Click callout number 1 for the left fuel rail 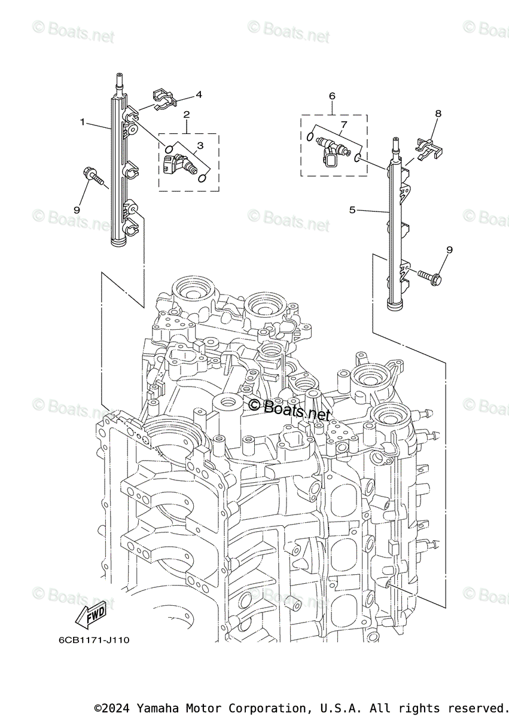pos(83,122)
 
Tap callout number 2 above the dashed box pos(187,114)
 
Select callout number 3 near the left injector pos(200,145)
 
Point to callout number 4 pos(199,94)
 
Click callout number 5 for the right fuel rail pos(352,210)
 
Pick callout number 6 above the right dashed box pos(332,96)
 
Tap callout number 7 pos(343,125)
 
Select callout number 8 pos(438,113)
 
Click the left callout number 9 pos(77,210)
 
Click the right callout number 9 pos(449,250)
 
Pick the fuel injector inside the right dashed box pos(332,149)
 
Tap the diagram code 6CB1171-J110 pos(94,640)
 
